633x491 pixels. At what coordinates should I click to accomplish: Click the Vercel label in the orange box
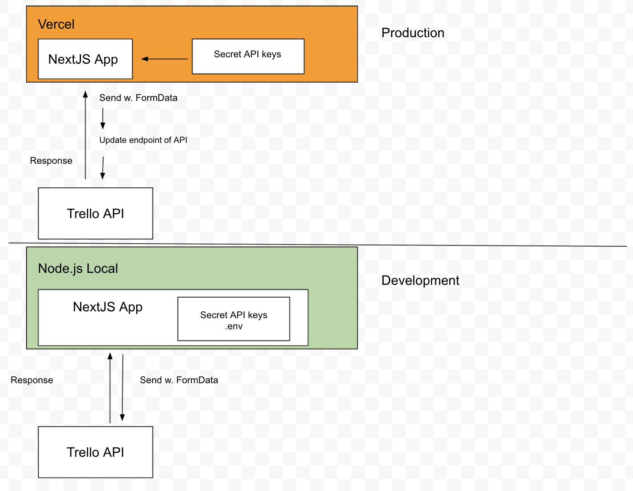(56, 24)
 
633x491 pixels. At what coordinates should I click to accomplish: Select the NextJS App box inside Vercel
(85, 59)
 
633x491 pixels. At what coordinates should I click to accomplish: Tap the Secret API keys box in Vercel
(248, 56)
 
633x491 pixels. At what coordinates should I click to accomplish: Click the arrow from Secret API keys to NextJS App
(164, 59)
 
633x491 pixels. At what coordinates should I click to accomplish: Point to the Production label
(413, 33)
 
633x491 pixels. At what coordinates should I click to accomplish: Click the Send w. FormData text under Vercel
(138, 98)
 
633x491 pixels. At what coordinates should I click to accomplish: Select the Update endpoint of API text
(143, 140)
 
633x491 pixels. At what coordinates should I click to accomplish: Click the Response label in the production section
(51, 161)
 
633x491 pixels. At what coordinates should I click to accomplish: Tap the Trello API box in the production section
(96, 213)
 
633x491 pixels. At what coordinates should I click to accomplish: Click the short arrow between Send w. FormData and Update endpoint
(103, 118)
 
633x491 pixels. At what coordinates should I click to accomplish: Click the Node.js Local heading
(78, 269)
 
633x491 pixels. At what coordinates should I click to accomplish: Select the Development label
(420, 281)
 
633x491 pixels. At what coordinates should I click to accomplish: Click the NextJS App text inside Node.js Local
(107, 307)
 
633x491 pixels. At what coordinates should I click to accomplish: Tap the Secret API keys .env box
(234, 319)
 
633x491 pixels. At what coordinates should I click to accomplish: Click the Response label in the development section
(32, 380)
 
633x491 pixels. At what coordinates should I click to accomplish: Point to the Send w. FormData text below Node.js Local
(179, 380)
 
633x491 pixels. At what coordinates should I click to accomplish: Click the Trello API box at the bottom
(96, 452)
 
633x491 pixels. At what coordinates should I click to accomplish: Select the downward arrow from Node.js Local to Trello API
(122, 387)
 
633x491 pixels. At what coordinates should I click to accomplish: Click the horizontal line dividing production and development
(317, 245)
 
